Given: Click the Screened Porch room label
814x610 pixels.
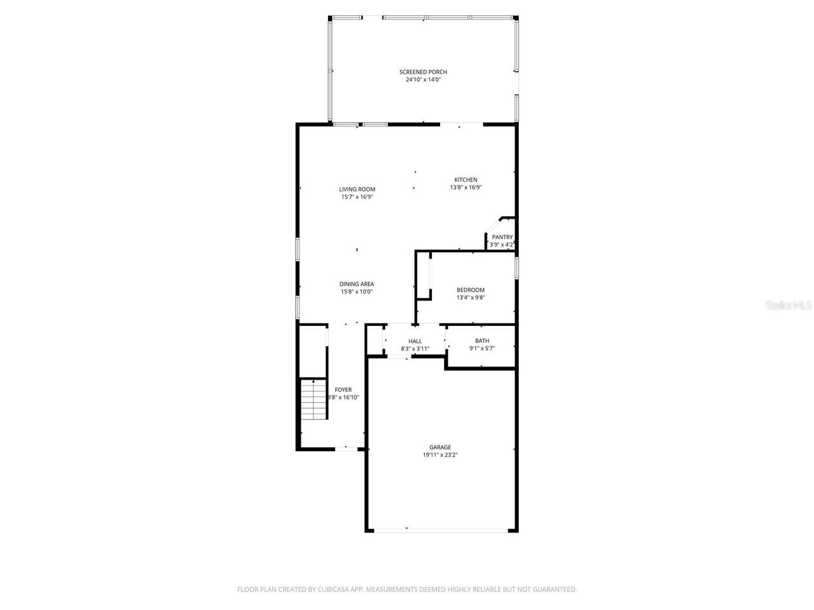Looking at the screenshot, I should click(x=423, y=72).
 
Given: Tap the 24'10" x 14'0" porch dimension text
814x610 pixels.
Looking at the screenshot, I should click(x=423, y=80).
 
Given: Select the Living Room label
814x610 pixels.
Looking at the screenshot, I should click(x=357, y=189).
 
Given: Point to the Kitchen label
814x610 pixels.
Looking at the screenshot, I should click(x=466, y=179).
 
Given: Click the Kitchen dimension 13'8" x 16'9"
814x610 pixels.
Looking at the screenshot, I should click(x=466, y=187).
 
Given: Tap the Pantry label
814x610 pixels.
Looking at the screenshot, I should click(x=502, y=237).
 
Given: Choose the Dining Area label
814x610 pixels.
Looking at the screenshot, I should click(x=356, y=284).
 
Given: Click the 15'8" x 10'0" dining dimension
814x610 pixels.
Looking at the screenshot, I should click(x=356, y=292).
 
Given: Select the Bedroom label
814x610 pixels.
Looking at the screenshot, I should click(x=471, y=290).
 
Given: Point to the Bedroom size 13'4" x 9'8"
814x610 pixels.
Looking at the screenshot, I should click(x=471, y=298).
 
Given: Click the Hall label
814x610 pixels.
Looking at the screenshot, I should click(x=415, y=341).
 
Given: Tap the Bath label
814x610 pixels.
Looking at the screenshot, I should click(x=482, y=341).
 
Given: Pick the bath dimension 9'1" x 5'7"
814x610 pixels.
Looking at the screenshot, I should click(x=482, y=348).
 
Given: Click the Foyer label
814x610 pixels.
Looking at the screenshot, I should click(x=343, y=390).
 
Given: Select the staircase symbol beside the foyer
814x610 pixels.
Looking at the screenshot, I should click(x=314, y=399).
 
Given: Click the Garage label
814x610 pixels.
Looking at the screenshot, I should click(x=440, y=447).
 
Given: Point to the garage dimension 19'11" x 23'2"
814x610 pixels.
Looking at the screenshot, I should click(x=440, y=455).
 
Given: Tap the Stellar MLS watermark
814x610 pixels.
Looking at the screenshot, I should click(x=789, y=306).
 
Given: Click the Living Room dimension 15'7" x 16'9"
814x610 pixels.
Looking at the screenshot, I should click(x=357, y=197).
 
